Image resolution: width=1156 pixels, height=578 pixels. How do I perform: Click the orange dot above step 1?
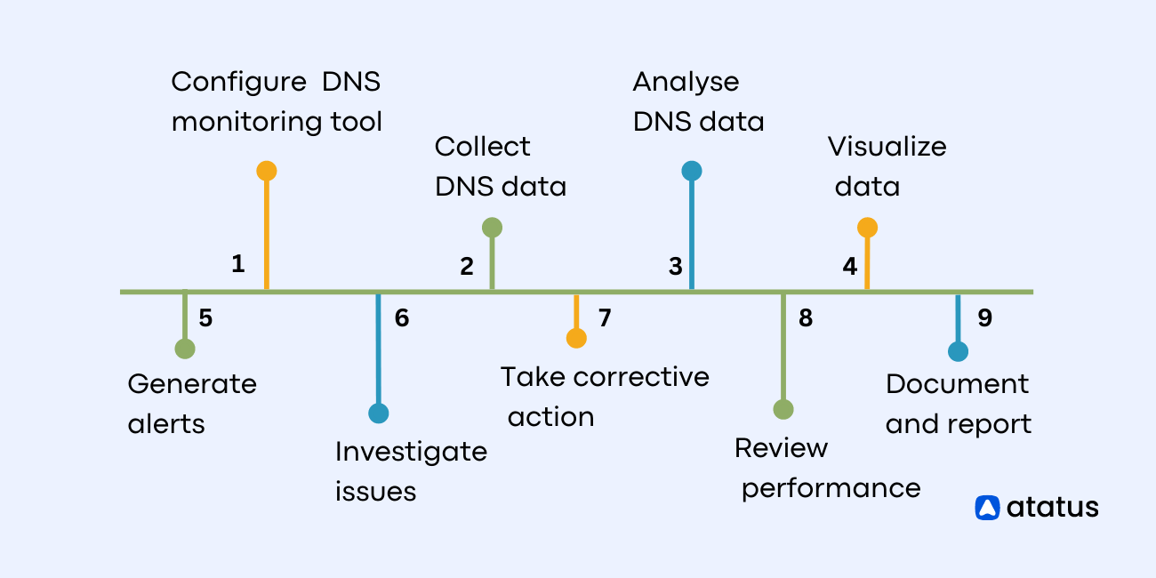click(266, 171)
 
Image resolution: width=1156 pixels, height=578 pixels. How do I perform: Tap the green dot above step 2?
click(492, 228)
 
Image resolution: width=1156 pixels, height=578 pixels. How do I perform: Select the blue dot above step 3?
click(692, 171)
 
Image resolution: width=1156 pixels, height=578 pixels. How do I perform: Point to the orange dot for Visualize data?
click(867, 228)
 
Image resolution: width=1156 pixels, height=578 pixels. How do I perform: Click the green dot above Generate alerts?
click(185, 349)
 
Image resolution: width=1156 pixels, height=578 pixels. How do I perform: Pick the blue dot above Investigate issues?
click(379, 413)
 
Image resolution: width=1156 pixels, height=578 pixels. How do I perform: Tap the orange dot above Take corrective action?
click(576, 338)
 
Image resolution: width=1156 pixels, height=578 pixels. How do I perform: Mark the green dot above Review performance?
click(783, 409)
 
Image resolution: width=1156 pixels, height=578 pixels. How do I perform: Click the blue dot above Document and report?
click(958, 351)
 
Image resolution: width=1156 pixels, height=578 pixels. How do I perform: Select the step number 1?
click(237, 264)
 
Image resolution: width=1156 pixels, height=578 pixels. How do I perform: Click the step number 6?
click(402, 317)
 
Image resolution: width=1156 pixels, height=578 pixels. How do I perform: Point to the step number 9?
click(984, 317)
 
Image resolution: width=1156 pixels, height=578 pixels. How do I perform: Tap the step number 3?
click(676, 266)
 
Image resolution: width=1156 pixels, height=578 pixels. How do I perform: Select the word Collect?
click(482, 147)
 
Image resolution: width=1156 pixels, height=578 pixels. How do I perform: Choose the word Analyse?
click(686, 83)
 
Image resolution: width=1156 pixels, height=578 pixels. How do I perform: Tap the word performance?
click(831, 489)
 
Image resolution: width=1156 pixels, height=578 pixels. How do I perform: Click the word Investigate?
click(411, 452)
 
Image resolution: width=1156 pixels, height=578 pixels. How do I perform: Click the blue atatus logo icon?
click(987, 507)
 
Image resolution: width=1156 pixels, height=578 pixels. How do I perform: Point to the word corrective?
click(641, 377)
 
